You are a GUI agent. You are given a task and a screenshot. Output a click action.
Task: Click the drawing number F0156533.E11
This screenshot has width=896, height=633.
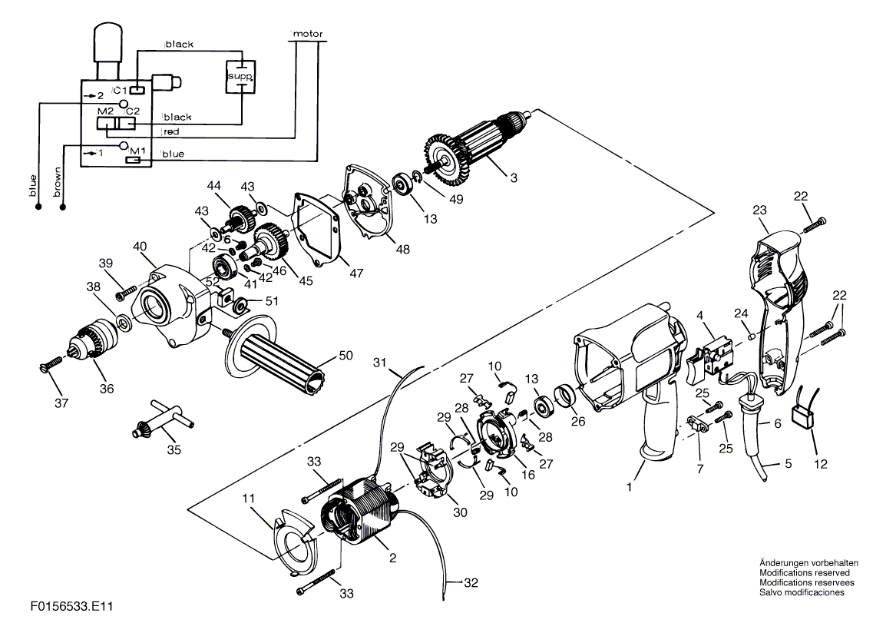pyautogui.click(x=72, y=606)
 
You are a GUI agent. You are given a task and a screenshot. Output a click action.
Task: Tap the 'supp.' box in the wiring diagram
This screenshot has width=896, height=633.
pyautogui.click(x=240, y=77)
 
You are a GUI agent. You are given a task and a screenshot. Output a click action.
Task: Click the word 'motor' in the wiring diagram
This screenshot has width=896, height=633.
pyautogui.click(x=308, y=34)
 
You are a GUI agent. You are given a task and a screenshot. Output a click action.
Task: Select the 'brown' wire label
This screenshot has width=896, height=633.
pyautogui.click(x=57, y=182)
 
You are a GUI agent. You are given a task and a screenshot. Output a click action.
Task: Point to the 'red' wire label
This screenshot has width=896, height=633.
pyautogui.click(x=171, y=132)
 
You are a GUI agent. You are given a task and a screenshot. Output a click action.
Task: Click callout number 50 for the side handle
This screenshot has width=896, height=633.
pyautogui.click(x=346, y=356)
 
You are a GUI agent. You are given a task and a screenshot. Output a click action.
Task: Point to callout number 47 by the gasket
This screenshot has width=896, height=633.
pyautogui.click(x=356, y=273)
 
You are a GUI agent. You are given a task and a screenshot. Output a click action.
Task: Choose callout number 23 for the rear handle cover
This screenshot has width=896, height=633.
pyautogui.click(x=759, y=210)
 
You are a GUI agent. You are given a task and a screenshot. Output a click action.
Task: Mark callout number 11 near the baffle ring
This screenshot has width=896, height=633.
pyautogui.click(x=248, y=499)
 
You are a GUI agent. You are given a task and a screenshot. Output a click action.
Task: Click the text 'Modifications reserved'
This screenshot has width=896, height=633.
pyautogui.click(x=804, y=572)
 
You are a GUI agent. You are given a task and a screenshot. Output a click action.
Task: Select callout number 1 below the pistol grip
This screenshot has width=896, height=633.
pyautogui.click(x=630, y=487)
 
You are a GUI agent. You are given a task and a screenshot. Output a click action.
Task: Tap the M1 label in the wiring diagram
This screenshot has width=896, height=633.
pyautogui.click(x=137, y=151)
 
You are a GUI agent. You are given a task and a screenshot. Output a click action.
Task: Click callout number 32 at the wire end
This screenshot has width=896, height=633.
pyautogui.click(x=471, y=582)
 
